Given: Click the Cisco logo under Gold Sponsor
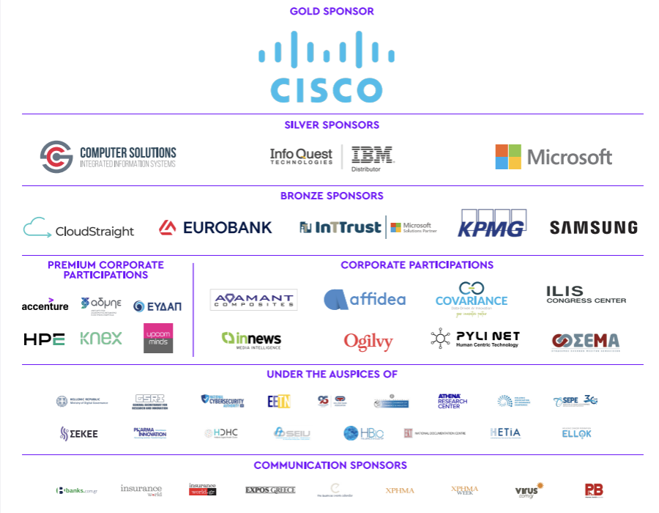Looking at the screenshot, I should click(327, 67).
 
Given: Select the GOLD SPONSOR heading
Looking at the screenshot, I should click(332, 11).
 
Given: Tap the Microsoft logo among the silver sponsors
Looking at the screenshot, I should click(554, 157).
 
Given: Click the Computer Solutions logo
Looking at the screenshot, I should click(108, 157).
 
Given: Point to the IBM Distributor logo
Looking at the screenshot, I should click(372, 156).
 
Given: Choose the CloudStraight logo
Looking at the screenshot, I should click(79, 229).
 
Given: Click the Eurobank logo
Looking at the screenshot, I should click(215, 228).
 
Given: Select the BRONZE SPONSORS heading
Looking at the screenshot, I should click(332, 196).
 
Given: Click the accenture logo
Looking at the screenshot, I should click(45, 305).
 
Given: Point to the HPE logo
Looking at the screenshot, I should click(44, 339).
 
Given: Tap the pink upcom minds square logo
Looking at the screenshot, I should click(158, 338).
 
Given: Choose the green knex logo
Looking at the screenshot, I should click(101, 339).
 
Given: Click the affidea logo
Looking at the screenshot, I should click(365, 299).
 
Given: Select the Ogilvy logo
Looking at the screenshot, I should click(368, 342).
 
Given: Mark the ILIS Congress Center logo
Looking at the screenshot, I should click(586, 295).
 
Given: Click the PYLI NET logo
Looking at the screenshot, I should click(475, 339).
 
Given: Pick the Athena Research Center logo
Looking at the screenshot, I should click(452, 401).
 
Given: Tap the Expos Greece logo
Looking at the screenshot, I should click(270, 490).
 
